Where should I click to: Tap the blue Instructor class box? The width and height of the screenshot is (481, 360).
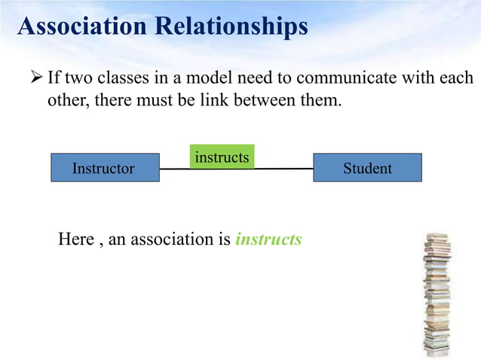(x=105, y=168)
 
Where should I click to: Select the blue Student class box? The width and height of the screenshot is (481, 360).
(x=367, y=168)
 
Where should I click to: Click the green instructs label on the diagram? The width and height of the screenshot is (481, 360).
(x=222, y=157)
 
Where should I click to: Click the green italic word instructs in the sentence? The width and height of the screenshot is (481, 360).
(x=268, y=239)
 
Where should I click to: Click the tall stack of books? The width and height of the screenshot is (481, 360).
(x=437, y=294)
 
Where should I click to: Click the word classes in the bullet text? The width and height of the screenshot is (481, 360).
(x=121, y=78)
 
